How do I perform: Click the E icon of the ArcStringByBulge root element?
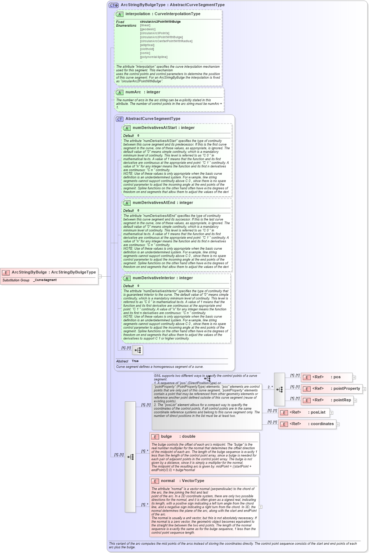pyautogui.click(x=6, y=273)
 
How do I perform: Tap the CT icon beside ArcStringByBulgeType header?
pyautogui.click(x=113, y=5)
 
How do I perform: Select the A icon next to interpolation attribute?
pyautogui.click(x=120, y=14)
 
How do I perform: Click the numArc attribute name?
pyautogui.click(x=133, y=92)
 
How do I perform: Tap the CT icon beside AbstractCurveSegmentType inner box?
pyautogui.click(x=120, y=119)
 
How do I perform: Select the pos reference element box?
pyautogui.click(x=326, y=377)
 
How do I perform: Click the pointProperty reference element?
pyautogui.click(x=331, y=389)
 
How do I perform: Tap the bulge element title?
pyautogui.click(x=166, y=437)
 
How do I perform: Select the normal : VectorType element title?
pyautogui.click(x=182, y=481)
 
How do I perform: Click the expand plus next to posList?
pyautogui.click(x=332, y=413)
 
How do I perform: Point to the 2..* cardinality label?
pyautogui.click(x=270, y=387)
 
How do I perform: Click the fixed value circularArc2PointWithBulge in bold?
pyautogui.click(x=160, y=22)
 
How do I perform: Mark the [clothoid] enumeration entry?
pyautogui.click(x=147, y=49)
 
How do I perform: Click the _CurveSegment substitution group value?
pyautogui.click(x=45, y=280)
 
